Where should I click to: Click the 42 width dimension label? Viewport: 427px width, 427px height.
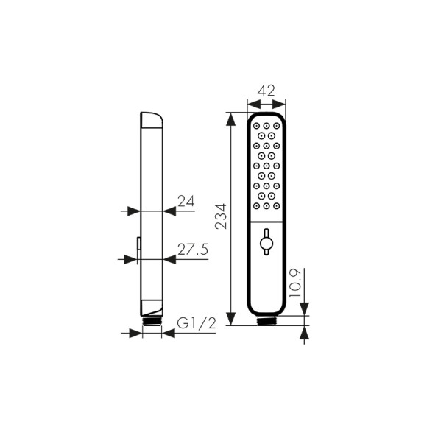pos(266,91)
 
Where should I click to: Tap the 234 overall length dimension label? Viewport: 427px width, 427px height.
pos(220,216)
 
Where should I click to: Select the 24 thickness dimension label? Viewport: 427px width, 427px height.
pos(186,201)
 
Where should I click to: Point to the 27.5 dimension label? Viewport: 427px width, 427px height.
pos(193,249)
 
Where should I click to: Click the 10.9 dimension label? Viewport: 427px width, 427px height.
pos(295,283)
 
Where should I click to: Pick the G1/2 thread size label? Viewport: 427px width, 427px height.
pos(197,324)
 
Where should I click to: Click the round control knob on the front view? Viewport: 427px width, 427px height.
pos(267,241)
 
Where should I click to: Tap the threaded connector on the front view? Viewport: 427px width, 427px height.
pos(267,320)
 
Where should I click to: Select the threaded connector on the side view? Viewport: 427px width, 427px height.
pos(152,320)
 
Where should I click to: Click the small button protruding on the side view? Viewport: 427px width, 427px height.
pos(138,243)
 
